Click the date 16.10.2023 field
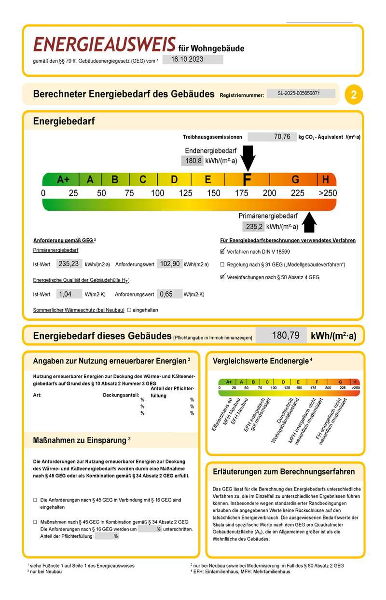(193, 60)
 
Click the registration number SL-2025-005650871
(300, 94)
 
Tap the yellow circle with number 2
(354, 95)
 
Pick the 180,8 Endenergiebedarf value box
(192, 161)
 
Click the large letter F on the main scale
(247, 180)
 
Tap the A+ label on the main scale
(63, 180)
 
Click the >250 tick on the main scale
(328, 193)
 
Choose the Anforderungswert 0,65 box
(169, 294)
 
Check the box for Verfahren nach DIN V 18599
(222, 251)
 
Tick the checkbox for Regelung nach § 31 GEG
(222, 265)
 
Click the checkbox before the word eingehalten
(129, 310)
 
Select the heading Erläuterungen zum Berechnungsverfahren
(284, 472)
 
